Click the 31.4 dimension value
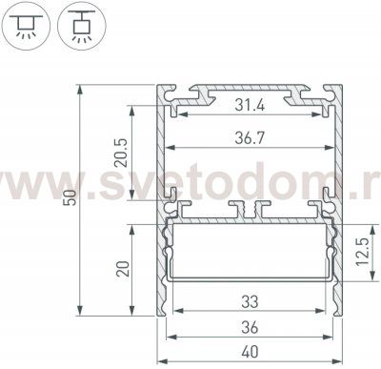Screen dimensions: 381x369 point(250,105)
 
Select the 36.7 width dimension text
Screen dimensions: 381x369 point(250,138)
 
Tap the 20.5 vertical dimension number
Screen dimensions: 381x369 point(121,153)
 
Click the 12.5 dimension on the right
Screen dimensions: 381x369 point(362,252)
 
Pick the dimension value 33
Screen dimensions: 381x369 point(250,302)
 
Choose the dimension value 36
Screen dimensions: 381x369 point(250,328)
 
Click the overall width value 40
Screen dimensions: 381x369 point(250,352)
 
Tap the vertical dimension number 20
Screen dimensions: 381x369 point(123,269)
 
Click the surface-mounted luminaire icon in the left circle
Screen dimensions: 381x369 point(26,26)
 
